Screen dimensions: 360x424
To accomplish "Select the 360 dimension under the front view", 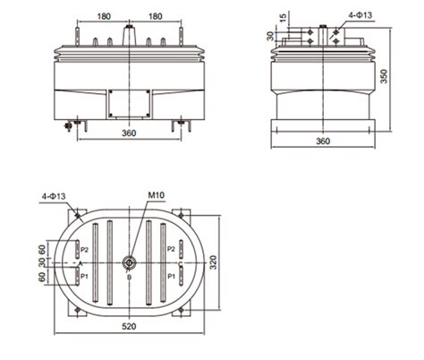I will point(131,133).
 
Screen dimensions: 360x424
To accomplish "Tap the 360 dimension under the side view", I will point(323,141).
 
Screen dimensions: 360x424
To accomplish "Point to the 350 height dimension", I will point(383,77).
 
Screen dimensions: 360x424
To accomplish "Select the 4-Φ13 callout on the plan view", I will point(55,195).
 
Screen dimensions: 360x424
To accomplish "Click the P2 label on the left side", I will point(83,249).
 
